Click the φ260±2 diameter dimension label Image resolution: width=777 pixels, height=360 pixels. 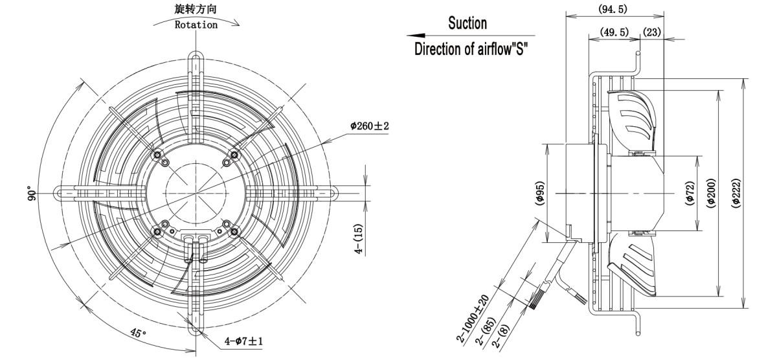[x=369, y=126]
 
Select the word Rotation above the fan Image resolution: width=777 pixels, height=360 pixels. [x=197, y=25]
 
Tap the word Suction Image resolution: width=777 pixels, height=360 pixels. [x=467, y=24]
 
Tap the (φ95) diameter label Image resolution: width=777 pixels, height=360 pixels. [x=540, y=193]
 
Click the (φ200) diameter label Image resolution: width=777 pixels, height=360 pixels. [x=711, y=193]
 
